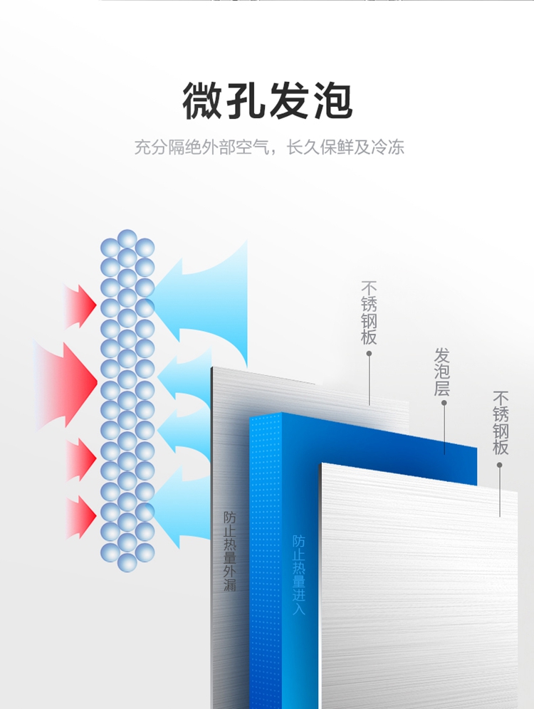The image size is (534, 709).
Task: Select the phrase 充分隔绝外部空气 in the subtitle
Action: click(202, 148)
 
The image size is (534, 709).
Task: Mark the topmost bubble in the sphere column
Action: click(127, 238)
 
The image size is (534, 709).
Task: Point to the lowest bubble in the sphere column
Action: click(127, 562)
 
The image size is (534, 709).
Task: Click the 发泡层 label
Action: click(442, 372)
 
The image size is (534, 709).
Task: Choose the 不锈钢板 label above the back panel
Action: click(369, 313)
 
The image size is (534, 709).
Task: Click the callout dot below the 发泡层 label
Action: click(444, 403)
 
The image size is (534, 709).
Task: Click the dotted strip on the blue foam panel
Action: click(265, 555)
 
